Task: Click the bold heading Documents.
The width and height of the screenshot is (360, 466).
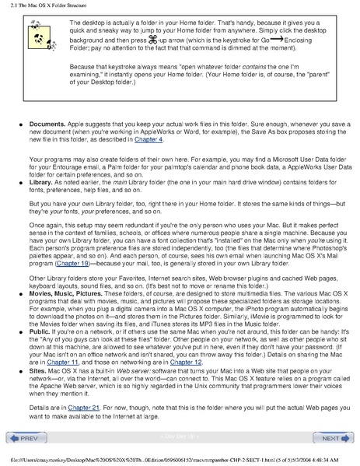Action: [x=51, y=124]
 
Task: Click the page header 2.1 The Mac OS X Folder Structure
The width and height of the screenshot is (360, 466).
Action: [x=48, y=5]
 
